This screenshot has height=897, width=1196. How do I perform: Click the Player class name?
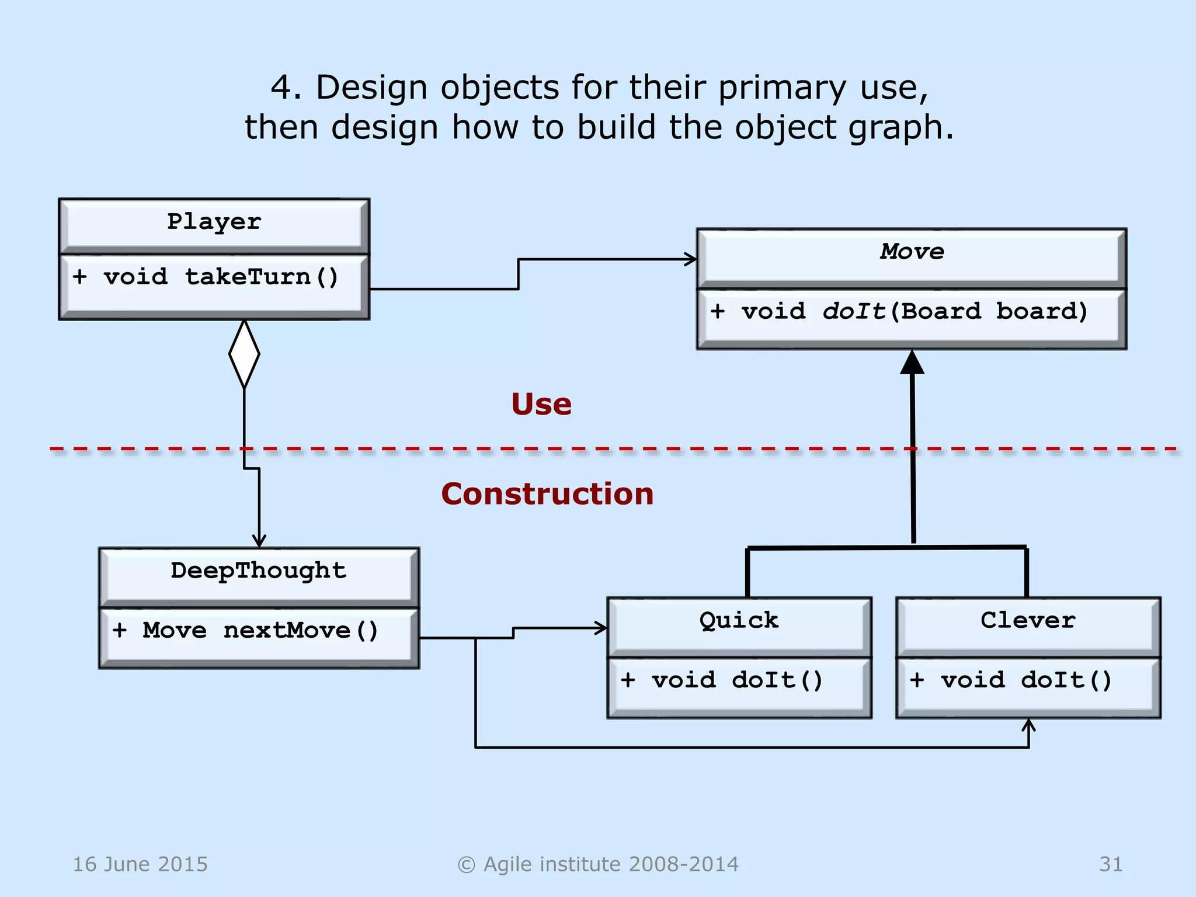tap(214, 222)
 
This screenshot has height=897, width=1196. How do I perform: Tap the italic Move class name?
tap(912, 252)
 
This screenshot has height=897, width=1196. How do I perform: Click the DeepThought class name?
tap(258, 571)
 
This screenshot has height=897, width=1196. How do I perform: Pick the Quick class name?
tap(739, 620)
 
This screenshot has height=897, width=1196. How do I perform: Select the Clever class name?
tap(1028, 620)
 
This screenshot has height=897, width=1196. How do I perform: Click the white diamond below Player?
tap(244, 354)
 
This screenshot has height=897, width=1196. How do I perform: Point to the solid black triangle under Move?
tap(912, 363)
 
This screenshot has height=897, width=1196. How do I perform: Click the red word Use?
tap(541, 404)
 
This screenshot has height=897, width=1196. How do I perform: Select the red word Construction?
tap(547, 494)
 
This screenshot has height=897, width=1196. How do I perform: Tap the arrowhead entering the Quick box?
tap(601, 628)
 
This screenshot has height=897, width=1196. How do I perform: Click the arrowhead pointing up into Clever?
tap(1028, 726)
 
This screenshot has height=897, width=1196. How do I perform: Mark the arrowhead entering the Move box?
tap(691, 259)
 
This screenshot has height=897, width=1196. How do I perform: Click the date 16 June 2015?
tap(140, 864)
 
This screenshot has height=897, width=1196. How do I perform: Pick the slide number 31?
tap(1111, 864)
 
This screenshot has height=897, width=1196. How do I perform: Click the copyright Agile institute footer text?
tap(598, 864)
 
